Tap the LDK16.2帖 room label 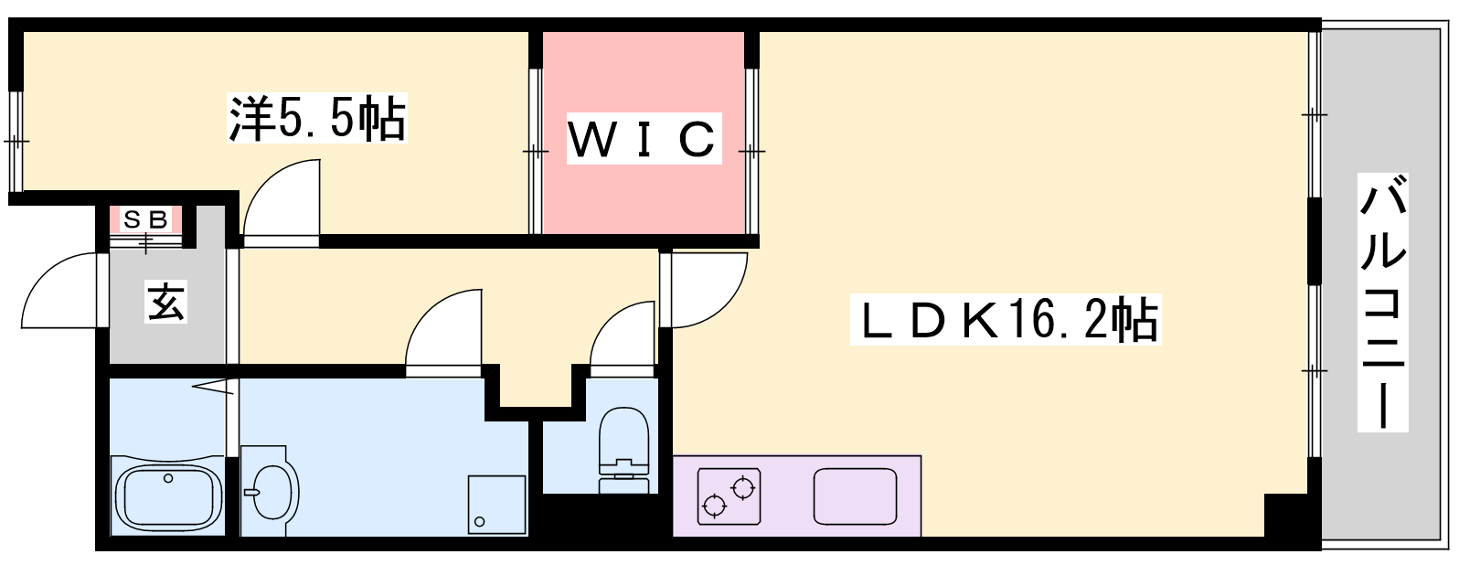tap(1006, 320)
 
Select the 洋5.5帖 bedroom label tap(316, 119)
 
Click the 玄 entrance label tap(166, 303)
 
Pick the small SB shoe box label tap(145, 219)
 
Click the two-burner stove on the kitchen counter tap(729, 496)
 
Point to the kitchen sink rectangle tap(855, 496)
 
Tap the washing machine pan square tap(496, 504)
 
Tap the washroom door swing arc tap(443, 329)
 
